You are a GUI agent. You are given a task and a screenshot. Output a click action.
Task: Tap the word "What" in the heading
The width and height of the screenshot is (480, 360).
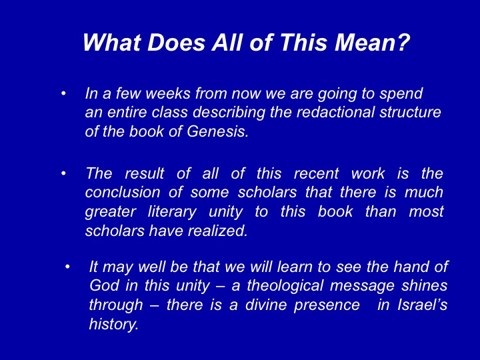point(113,42)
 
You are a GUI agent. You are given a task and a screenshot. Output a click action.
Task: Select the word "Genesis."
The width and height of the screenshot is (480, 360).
point(217,131)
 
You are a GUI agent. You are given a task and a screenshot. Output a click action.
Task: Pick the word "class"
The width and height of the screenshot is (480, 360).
point(169,112)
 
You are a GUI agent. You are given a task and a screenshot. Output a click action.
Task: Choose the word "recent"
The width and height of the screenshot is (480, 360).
point(316,173)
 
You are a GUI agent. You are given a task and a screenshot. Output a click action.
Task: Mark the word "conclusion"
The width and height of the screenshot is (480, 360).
point(123,193)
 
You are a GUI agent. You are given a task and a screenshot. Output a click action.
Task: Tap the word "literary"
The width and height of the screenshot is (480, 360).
point(172,213)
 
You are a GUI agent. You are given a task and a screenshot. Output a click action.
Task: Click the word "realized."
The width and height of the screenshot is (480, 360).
point(217,231)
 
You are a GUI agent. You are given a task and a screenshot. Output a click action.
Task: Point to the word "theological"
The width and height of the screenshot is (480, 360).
point(285,286)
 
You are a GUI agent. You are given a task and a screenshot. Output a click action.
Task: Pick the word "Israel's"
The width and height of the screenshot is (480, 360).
point(423,305)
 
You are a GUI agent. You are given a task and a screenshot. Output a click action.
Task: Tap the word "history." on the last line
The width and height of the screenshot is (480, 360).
point(114,325)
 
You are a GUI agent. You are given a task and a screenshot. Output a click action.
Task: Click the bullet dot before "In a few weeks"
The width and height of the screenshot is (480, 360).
point(63,93)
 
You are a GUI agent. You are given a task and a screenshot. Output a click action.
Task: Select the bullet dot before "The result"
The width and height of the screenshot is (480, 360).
point(63,173)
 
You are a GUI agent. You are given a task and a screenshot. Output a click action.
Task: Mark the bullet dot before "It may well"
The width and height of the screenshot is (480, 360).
point(67,267)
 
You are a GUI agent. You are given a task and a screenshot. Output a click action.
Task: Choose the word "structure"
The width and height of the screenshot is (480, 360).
point(410,112)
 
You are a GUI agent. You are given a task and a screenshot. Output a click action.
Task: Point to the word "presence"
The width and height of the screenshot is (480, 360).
point(327,305)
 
